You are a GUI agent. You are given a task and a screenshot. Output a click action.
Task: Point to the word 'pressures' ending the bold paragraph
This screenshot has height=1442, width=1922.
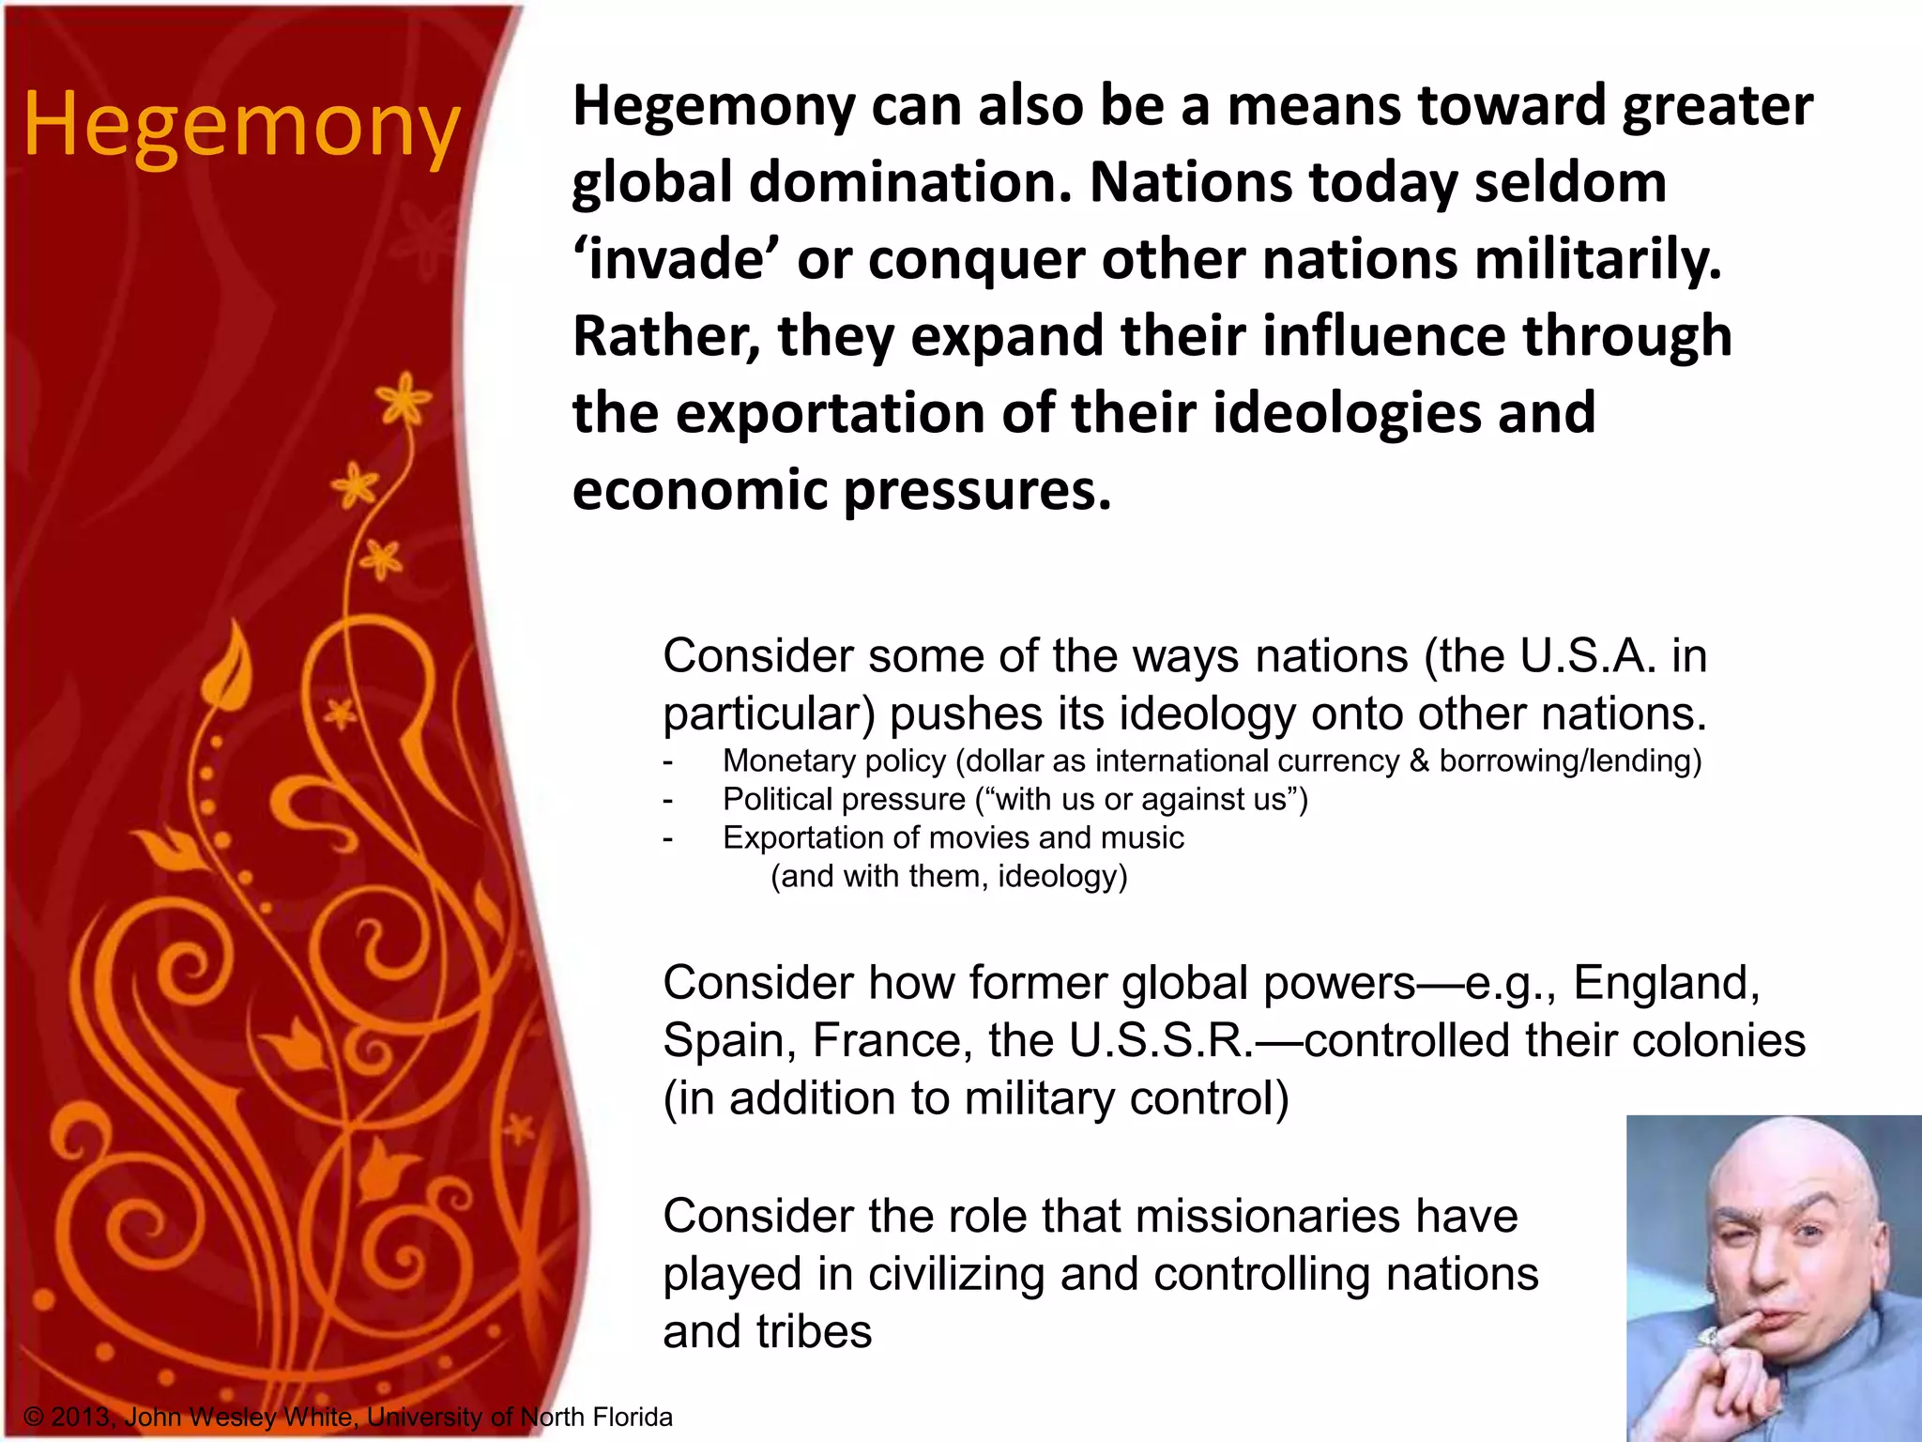(977, 490)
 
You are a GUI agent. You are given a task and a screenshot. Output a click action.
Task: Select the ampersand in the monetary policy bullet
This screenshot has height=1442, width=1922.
(1419, 760)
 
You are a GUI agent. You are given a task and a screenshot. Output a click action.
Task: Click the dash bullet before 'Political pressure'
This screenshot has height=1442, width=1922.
(668, 800)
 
